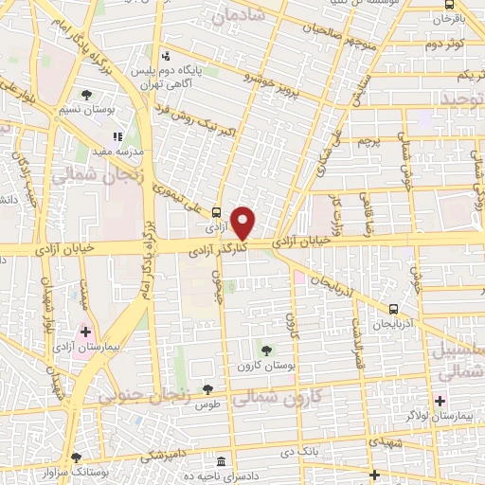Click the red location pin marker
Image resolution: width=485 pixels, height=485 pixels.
tap(243, 223)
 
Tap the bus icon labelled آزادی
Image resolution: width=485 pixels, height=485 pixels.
tap(217, 212)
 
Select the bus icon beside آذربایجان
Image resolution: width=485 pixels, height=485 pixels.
tap(394, 308)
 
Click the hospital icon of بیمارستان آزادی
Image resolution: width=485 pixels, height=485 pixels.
tap(86, 332)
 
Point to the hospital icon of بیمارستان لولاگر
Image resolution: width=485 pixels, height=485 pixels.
tap(440, 401)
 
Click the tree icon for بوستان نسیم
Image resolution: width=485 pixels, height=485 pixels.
tap(87, 94)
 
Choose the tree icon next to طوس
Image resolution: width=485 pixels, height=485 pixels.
tap(208, 389)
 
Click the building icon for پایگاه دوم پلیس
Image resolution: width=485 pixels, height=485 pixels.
tap(167, 54)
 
